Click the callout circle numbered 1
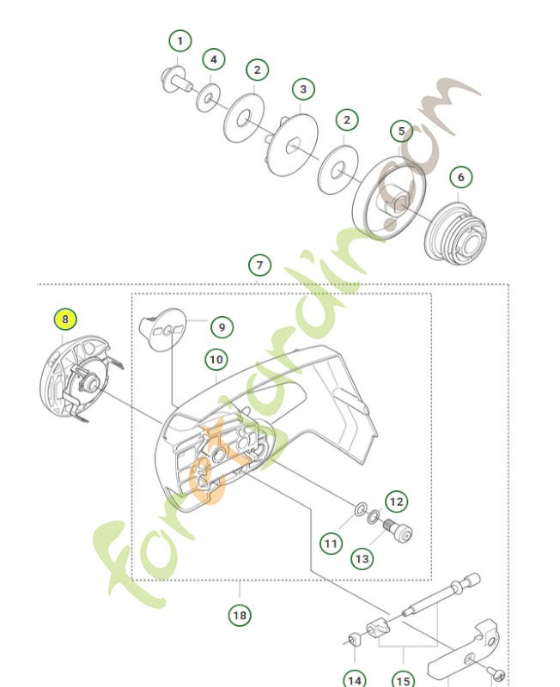(180, 40)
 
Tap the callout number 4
(214, 59)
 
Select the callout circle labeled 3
(302, 88)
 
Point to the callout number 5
(401, 131)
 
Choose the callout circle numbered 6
(460, 177)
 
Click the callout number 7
(259, 264)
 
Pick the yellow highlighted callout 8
(65, 319)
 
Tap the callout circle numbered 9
(221, 326)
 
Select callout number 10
(215, 359)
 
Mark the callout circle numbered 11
(332, 543)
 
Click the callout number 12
(396, 501)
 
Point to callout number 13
(362, 558)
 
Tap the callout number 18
(240, 615)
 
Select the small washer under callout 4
(206, 98)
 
